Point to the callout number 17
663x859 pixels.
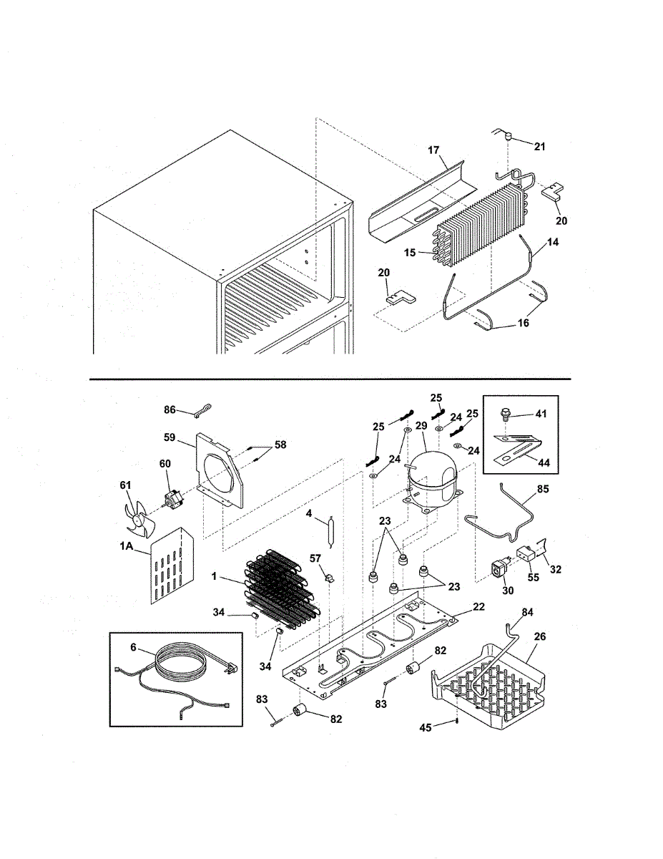[433, 151]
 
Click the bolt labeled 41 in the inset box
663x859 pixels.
[504, 414]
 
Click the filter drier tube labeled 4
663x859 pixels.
[331, 533]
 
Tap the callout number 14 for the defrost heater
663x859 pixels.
[552, 243]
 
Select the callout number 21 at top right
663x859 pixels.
[539, 147]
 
